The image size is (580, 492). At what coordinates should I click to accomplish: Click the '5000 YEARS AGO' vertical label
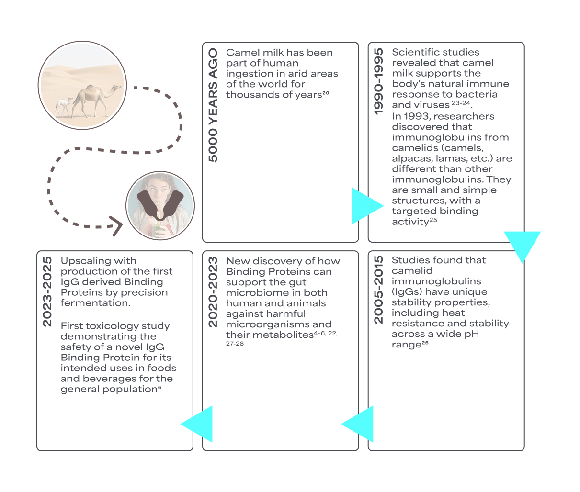point(213,105)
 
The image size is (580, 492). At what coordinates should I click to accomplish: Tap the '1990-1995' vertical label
point(379,81)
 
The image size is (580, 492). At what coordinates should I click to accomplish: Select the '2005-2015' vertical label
point(379,289)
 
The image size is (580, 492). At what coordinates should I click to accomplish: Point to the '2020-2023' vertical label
point(213,292)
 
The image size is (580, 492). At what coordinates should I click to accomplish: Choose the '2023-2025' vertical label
point(47,292)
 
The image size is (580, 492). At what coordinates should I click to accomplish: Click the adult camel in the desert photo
point(96,98)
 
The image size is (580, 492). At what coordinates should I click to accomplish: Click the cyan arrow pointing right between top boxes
point(365,206)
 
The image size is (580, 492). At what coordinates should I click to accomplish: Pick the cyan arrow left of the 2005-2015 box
point(359,424)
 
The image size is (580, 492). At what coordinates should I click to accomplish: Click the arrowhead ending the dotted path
point(116,226)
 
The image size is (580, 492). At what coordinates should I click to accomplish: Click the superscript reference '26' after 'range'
point(425,343)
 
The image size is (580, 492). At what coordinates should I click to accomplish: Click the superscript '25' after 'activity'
point(433,220)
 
